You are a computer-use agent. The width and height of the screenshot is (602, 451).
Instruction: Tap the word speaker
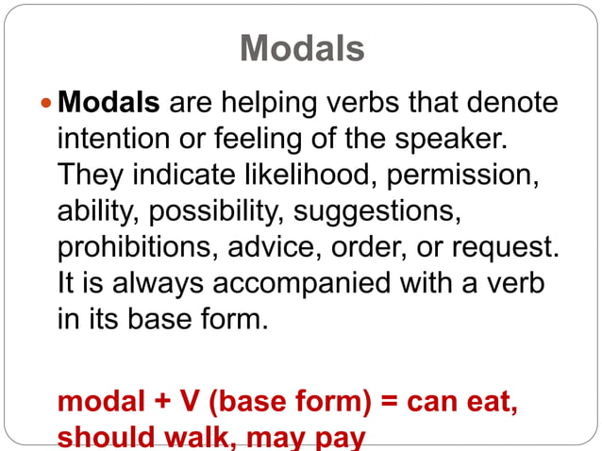[444, 139]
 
